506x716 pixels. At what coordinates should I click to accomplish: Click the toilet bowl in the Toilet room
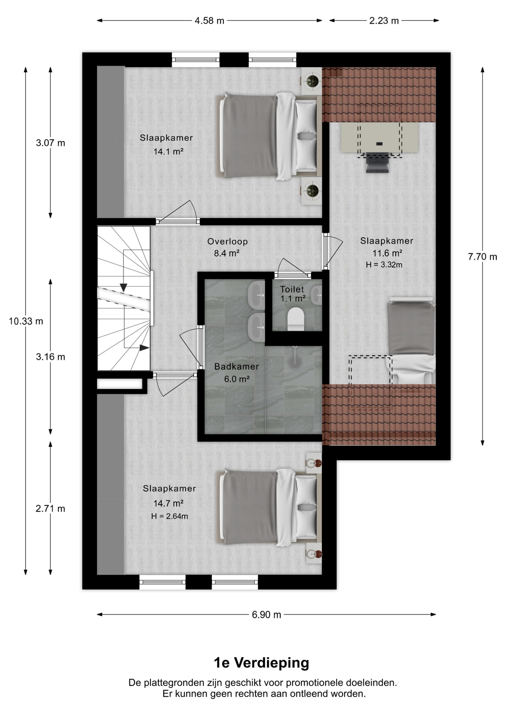coord(296,319)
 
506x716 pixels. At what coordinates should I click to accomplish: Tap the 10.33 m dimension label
coord(26,321)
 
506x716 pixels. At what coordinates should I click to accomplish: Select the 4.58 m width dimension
coord(209,21)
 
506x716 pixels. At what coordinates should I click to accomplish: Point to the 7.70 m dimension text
coord(483,257)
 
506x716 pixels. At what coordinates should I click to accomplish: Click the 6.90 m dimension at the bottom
coord(266,615)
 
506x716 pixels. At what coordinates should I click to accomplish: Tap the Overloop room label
coord(228,241)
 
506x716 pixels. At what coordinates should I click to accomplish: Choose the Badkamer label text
coord(237,367)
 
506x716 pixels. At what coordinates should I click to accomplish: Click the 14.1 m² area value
coord(168,151)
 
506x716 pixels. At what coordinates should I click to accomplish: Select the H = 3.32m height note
coord(384,265)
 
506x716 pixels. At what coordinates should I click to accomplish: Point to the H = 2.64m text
coord(170,516)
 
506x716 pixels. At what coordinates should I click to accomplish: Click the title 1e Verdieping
coord(262,663)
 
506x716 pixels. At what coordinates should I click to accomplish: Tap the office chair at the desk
coord(377,162)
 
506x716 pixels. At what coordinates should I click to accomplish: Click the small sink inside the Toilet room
coord(317,295)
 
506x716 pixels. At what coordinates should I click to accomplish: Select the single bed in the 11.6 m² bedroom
coord(411,340)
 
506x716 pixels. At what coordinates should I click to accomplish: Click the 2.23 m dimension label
coord(384,21)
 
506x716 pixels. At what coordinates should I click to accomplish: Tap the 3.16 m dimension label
coord(50,357)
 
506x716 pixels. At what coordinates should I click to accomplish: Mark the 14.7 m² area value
coord(168,503)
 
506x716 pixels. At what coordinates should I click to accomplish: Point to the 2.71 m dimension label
coord(50,509)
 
